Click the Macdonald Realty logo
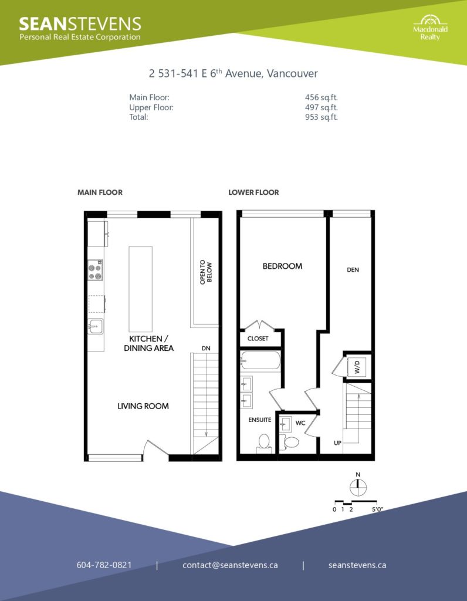tap(430, 28)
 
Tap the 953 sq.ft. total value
tap(321, 117)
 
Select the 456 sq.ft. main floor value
tap(321, 97)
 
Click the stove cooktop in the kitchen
tap(96, 270)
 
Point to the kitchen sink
tap(95, 326)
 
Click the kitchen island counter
tap(141, 289)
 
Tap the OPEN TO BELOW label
tap(206, 272)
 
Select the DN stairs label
tap(206, 349)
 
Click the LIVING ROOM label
tap(143, 406)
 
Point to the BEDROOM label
tap(282, 266)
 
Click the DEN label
tap(353, 270)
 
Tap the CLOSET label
tap(258, 339)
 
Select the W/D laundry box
tap(357, 367)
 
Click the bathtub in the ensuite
tap(260, 361)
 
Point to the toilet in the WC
tap(290, 443)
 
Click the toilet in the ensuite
tap(264, 443)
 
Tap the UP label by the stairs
tap(337, 443)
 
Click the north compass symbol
tap(358, 485)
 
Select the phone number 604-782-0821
tap(104, 565)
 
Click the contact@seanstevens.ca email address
tap(230, 565)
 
